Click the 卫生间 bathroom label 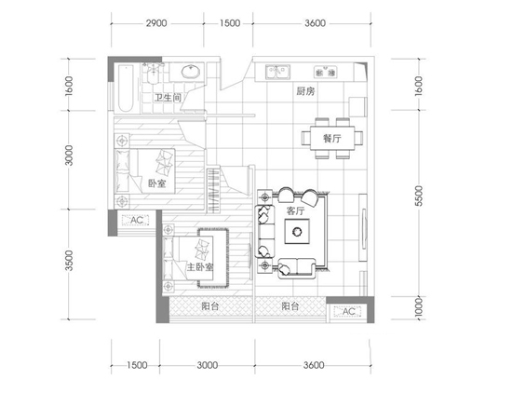168,98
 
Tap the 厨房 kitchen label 305,91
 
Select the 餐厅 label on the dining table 332,138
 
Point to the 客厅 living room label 295,211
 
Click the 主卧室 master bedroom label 200,267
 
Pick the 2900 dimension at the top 156,23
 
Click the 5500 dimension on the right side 419,196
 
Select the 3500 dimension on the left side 69,261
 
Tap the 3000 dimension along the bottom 208,365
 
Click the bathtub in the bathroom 126,88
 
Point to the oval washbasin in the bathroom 190,72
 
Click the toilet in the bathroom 153,74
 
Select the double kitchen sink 277,72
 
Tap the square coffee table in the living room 297,231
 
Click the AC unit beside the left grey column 136,220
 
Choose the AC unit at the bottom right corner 348,311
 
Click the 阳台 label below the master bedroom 210,306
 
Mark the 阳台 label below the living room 290,306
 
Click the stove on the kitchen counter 325,73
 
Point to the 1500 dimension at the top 230,23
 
